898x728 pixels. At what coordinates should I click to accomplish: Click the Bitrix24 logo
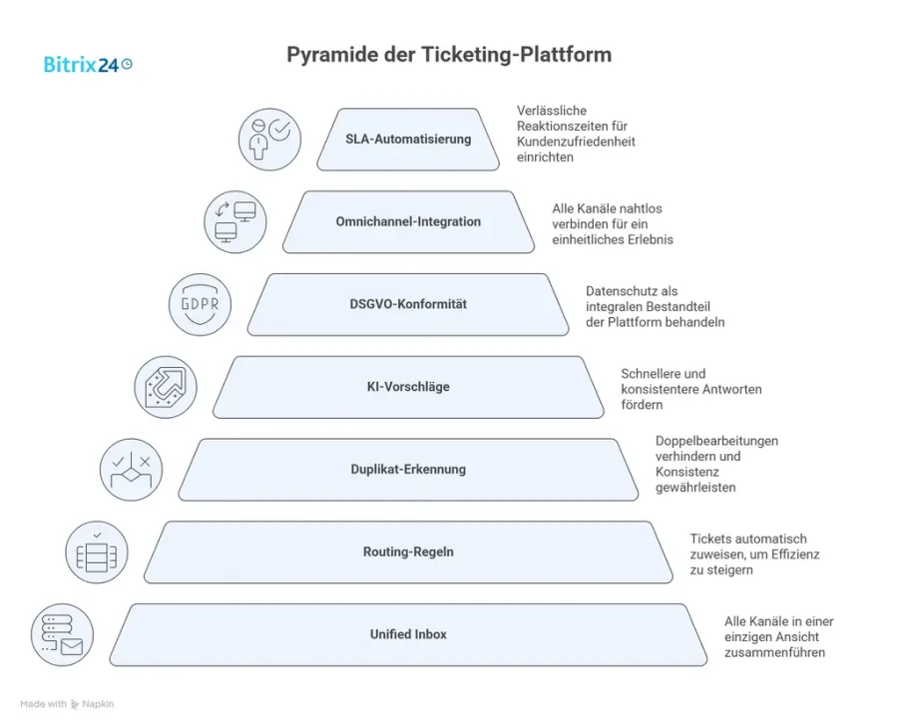click(x=88, y=64)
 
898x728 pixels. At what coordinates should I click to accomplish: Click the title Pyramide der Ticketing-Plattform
click(x=449, y=55)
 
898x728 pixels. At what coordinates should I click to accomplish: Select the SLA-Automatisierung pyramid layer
click(x=408, y=140)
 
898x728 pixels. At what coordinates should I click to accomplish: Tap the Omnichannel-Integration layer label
click(x=408, y=221)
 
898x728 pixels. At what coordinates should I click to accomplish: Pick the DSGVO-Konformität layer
click(x=408, y=304)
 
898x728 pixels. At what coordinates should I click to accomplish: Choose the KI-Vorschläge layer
click(x=408, y=387)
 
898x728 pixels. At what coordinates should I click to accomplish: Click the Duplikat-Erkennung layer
click(x=408, y=469)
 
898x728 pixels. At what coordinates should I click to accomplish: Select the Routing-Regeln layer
click(x=408, y=551)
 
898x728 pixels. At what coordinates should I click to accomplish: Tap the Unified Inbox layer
click(x=408, y=634)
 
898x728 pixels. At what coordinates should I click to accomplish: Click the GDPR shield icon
click(x=200, y=304)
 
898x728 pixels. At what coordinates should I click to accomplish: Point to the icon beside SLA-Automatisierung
click(x=269, y=140)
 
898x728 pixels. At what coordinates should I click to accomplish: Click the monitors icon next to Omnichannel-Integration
click(x=234, y=221)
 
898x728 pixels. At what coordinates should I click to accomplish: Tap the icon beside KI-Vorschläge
click(x=166, y=387)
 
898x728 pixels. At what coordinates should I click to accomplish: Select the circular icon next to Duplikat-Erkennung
click(x=131, y=469)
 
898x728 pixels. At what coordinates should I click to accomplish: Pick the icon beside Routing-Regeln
click(x=96, y=551)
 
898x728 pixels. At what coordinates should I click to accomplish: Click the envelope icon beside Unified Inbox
click(x=62, y=634)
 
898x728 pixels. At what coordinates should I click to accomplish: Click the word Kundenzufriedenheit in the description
click(x=576, y=142)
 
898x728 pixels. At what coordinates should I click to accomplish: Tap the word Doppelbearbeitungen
click(x=716, y=440)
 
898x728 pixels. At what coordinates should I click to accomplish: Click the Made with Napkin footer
click(x=67, y=704)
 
